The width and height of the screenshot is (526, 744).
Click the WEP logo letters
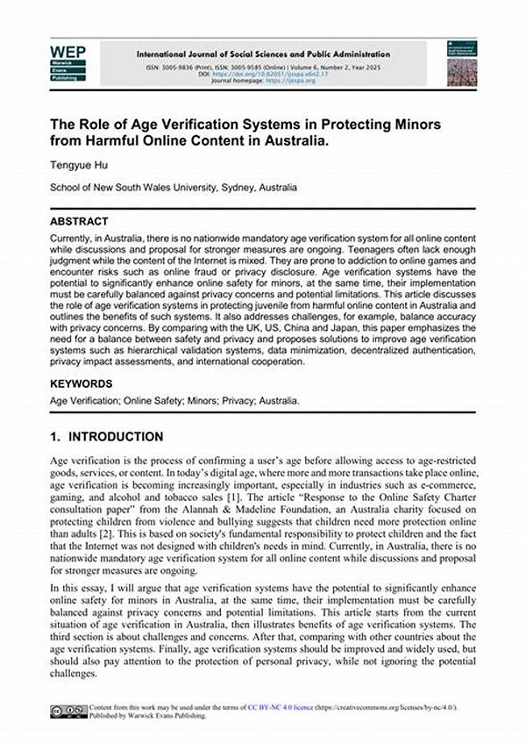coord(68,52)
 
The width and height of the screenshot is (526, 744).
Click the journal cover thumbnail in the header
coord(461,63)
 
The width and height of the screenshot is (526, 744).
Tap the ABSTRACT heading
coord(79,222)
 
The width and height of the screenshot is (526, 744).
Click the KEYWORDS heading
coord(81,384)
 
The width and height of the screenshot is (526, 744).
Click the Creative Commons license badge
coord(69,709)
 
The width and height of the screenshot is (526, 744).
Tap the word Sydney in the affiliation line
coord(224,188)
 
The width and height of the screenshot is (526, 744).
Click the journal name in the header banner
coord(263,54)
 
